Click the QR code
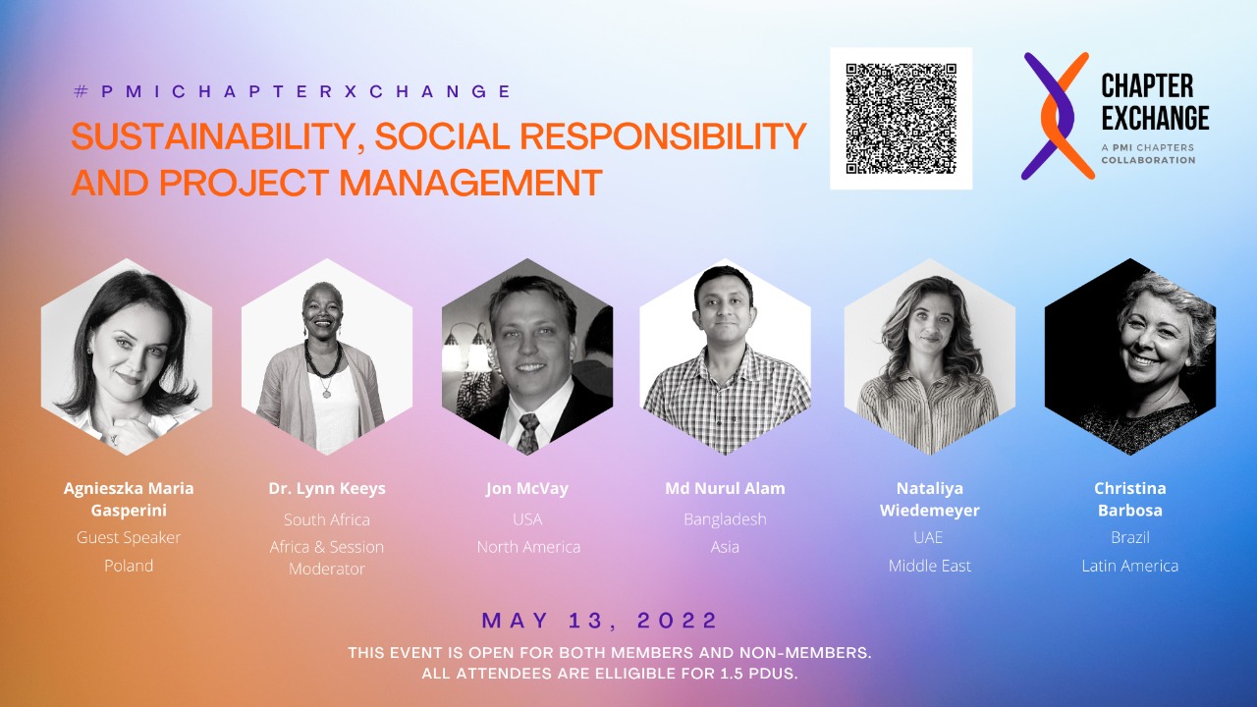902,119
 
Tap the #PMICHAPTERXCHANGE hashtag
293,91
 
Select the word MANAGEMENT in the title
470,183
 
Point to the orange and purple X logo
1058,116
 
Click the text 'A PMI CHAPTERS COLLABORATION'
1148,154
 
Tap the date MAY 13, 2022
599,621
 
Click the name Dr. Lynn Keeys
327,489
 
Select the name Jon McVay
527,489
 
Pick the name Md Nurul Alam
725,489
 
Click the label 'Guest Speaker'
129,537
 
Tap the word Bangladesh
725,519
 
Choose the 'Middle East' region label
929,566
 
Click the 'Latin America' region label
1129,566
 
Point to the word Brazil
1129,537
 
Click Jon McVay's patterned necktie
527,433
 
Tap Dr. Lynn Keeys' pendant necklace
326,390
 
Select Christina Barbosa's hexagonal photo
1129,356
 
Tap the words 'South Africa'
327,519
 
